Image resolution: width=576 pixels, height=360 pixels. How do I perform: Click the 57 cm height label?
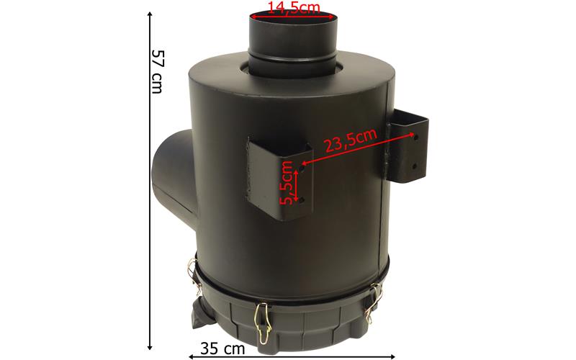[157, 71]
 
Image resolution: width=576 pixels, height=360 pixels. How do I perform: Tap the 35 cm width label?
[222, 348]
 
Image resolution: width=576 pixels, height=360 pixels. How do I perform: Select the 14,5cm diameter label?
[293, 7]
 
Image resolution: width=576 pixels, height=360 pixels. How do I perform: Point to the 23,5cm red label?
[351, 140]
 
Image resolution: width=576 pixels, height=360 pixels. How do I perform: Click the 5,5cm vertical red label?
[287, 183]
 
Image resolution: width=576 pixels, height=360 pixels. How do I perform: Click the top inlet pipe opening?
[293, 18]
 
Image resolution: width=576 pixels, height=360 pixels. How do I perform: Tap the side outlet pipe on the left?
[174, 174]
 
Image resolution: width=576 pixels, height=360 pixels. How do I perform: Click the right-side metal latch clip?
[374, 302]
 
